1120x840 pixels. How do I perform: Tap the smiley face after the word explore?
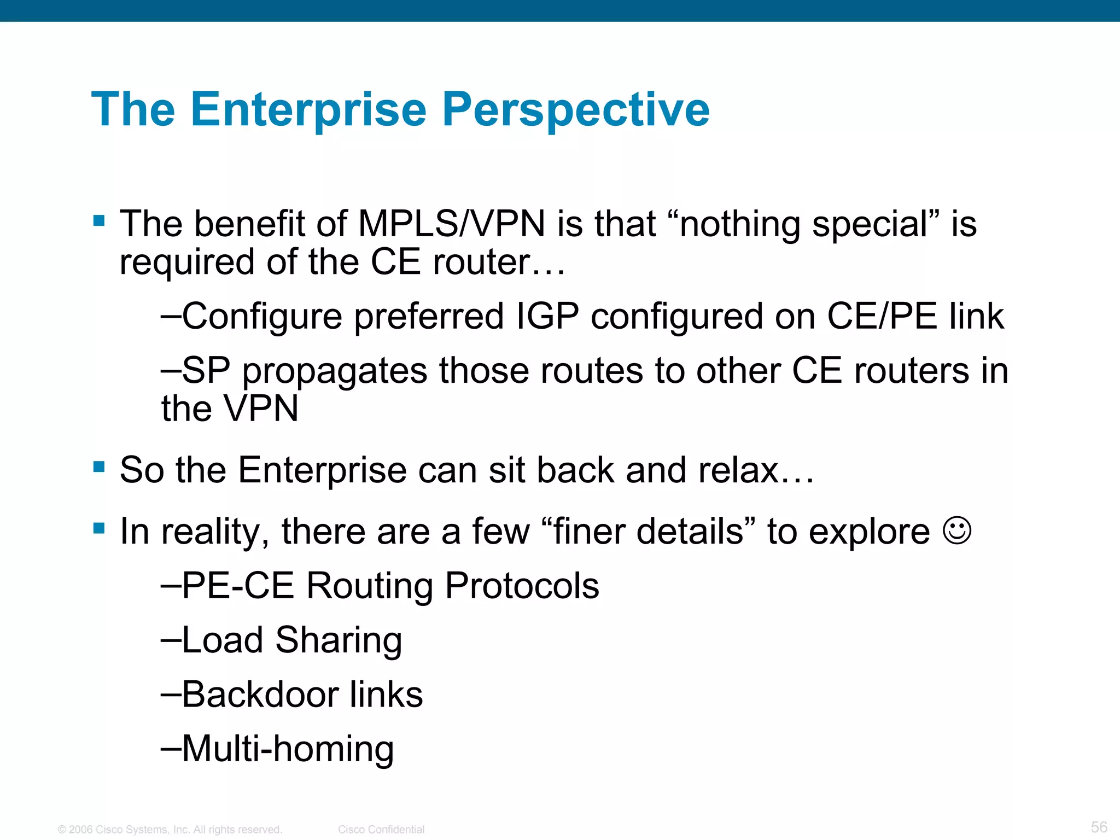(957, 530)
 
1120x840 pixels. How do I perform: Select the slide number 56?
(1099, 827)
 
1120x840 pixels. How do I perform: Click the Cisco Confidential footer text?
(381, 830)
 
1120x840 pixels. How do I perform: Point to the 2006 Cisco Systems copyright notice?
(170, 830)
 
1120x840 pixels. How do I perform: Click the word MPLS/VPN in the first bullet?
(451, 224)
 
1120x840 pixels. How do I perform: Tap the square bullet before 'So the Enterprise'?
(99, 467)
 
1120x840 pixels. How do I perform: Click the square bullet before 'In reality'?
(99, 528)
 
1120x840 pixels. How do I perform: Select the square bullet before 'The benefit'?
(99, 221)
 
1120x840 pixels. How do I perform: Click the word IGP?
(547, 316)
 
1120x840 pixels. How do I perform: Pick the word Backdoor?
(260, 694)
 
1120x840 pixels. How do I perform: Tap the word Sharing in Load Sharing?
(339, 640)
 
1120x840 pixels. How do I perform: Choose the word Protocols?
(522, 586)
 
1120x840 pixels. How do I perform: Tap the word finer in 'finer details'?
(588, 531)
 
